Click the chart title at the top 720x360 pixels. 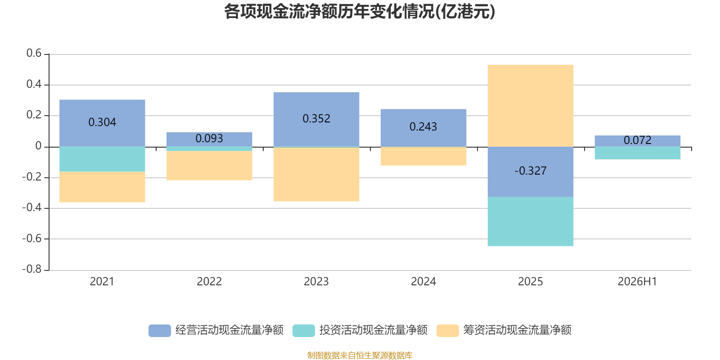coord(360,12)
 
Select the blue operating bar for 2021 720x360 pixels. coord(102,123)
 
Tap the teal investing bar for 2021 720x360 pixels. coord(102,159)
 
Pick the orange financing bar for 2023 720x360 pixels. coord(316,174)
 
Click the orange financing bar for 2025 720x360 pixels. coord(531,106)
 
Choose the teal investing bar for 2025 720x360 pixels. coord(531,221)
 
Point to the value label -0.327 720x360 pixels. coord(531,171)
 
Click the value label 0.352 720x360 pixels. coord(316,119)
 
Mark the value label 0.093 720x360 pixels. coord(209,139)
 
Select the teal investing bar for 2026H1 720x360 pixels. coord(637,153)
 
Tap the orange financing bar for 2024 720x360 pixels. coord(423,156)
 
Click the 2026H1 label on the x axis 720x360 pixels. coord(637,282)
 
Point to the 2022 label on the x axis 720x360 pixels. coord(209,282)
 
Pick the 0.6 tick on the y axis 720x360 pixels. coord(34,53)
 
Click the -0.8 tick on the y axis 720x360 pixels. coord(32,269)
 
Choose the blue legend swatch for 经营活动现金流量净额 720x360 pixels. coord(159,331)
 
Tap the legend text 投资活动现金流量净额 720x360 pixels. coord(373,330)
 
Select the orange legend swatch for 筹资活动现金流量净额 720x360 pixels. coord(447,331)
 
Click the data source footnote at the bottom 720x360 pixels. coord(360,355)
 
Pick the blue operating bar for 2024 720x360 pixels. coord(423,128)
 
